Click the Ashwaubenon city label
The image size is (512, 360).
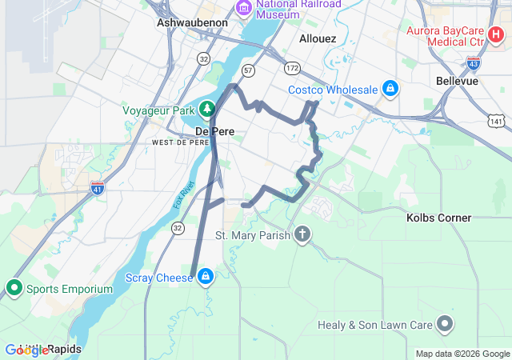(192, 22)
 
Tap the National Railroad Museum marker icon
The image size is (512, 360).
(243, 8)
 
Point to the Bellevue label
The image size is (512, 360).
(457, 81)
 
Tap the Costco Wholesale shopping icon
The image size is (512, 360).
(390, 89)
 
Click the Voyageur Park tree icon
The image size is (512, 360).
(207, 108)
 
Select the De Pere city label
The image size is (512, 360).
(213, 130)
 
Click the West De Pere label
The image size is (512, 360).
(180, 142)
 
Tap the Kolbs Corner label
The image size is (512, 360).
(438, 218)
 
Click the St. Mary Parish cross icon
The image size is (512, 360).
(302, 235)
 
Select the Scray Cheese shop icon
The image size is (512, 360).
(206, 277)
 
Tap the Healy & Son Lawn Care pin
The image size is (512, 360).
(445, 325)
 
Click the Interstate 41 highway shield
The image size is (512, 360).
(98, 189)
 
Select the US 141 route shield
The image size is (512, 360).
(498, 121)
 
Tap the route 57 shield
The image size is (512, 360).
(249, 70)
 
